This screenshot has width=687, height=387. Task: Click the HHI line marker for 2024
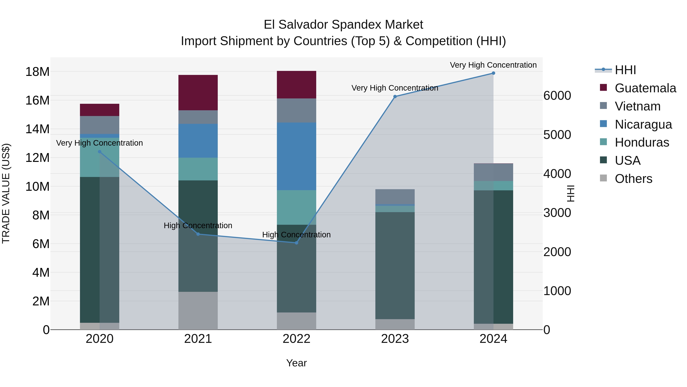pos(493,73)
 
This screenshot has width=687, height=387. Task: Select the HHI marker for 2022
pos(296,243)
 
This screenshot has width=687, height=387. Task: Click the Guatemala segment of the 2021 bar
pos(198,92)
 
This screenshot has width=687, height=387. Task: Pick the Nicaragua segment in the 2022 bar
pos(296,156)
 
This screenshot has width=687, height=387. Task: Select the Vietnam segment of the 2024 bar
pos(493,172)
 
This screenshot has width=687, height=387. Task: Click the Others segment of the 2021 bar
pos(198,310)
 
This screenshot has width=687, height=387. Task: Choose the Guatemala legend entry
pos(645,88)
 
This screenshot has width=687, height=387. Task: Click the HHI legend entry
pos(625,70)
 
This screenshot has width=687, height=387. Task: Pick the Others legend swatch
pos(603,178)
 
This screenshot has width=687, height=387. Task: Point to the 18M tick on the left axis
pos(37,72)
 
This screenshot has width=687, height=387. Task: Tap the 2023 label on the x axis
pos(395,339)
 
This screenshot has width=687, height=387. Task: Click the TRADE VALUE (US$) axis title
pos(6,193)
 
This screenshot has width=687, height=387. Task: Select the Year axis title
pos(296,363)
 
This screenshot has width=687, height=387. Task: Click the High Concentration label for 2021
pos(198,226)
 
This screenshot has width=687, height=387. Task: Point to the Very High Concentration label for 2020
pos(99,143)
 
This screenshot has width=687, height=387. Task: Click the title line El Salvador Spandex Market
pos(343,25)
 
